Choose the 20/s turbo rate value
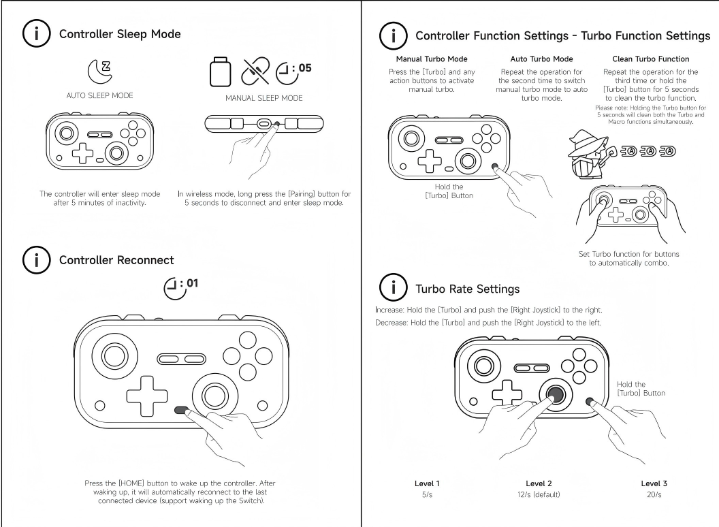tap(654, 494)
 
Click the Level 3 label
tap(654, 483)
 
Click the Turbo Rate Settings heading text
tap(468, 289)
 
